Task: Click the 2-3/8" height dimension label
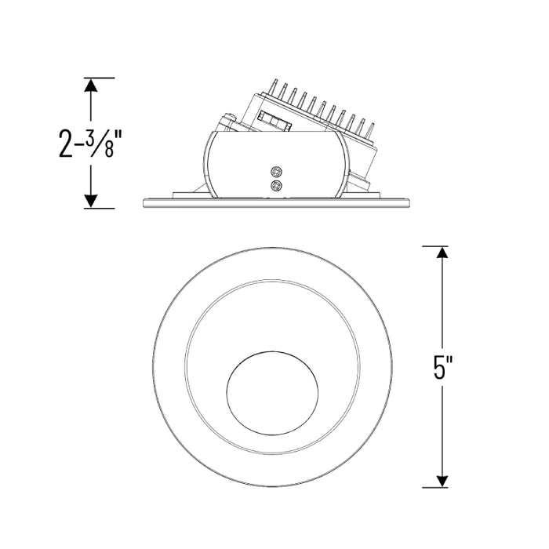86,143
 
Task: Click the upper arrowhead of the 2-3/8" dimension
91,85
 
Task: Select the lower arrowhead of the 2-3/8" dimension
91,201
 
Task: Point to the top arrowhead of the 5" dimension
442,253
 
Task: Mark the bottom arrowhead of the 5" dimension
442,481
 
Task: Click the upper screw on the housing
276,172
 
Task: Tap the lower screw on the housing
276,186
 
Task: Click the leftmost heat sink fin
274,86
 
